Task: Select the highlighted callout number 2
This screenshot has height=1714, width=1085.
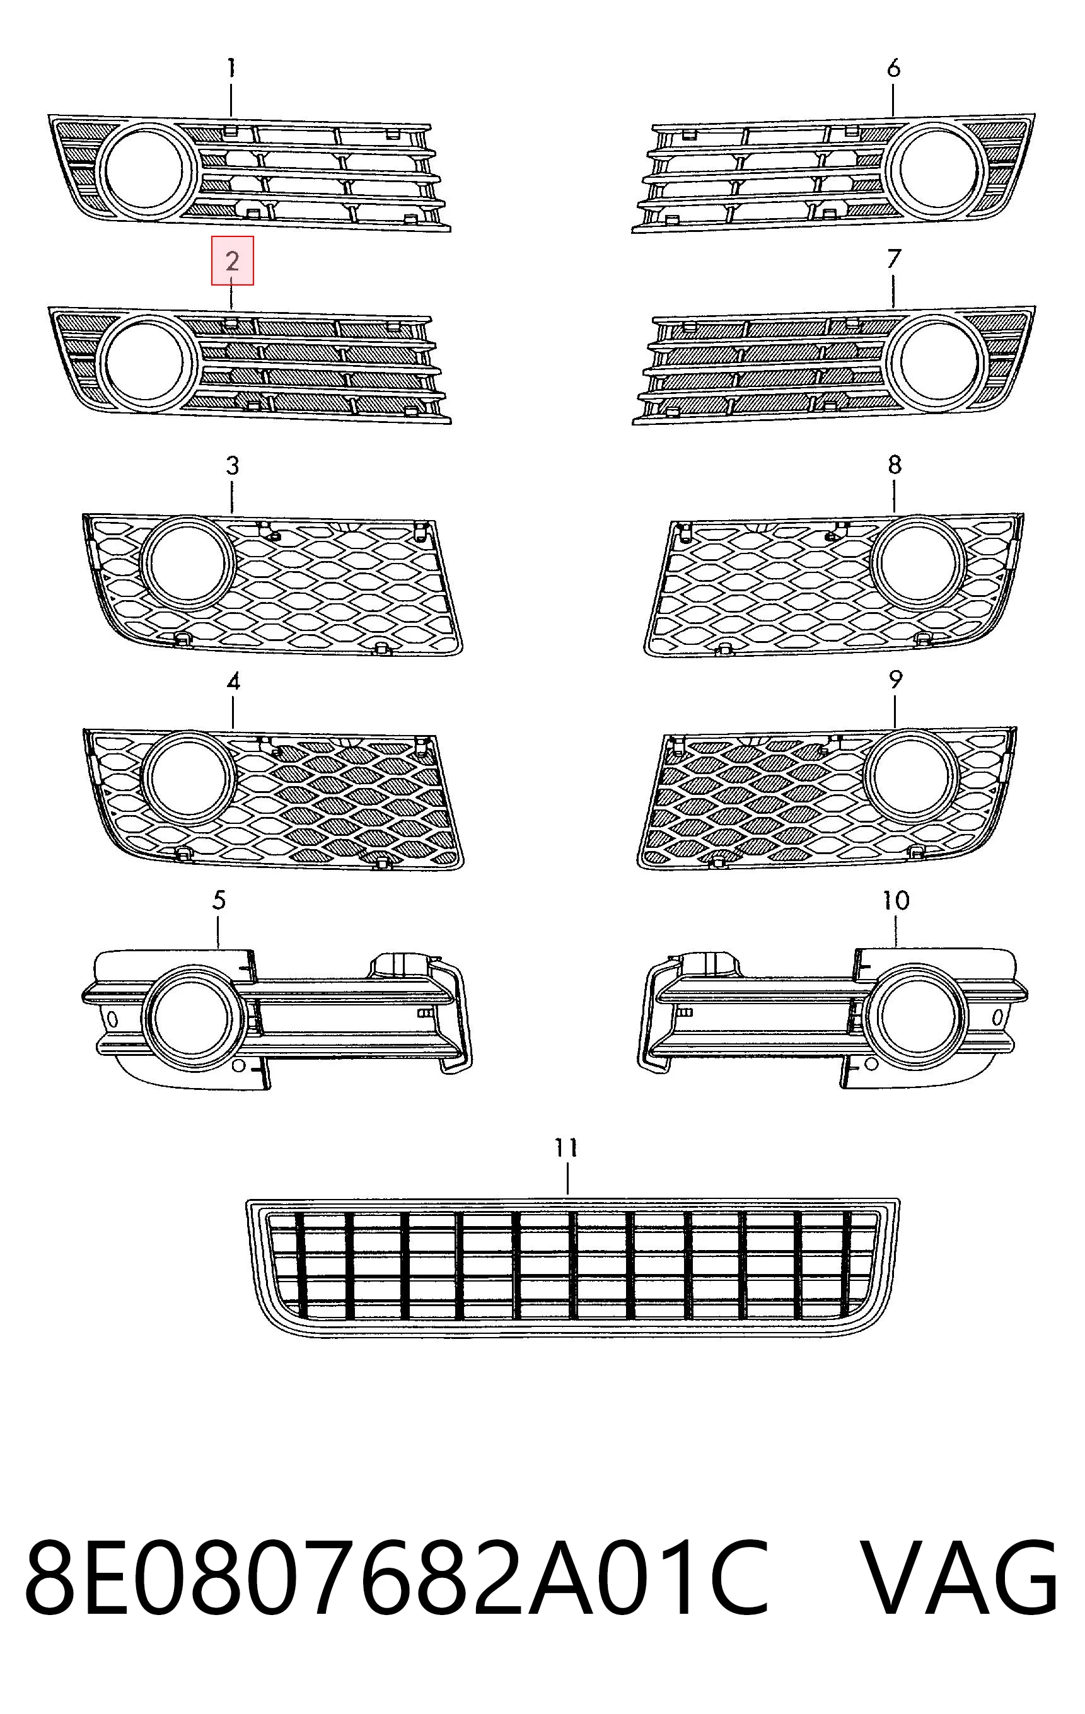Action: coord(232,261)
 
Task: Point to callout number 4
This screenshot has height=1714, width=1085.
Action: coord(233,681)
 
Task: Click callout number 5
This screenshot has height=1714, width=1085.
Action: coord(219,900)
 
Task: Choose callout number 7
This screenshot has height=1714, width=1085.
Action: coord(894,259)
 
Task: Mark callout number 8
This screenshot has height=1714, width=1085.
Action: coord(895,465)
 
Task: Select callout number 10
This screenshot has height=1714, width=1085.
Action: coord(896,900)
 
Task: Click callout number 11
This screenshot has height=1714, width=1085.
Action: coord(567,1147)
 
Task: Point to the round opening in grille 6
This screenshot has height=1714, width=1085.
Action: coord(939,170)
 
